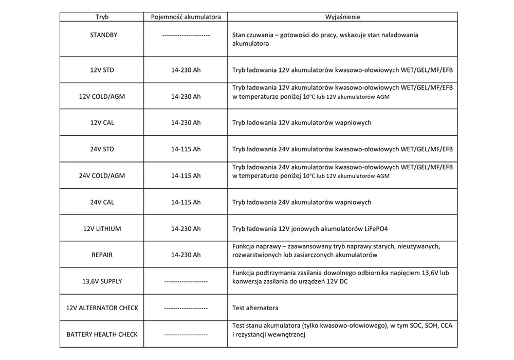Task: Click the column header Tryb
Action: click(102, 17)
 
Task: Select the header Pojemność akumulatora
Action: click(186, 17)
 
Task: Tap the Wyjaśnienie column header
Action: click(342, 17)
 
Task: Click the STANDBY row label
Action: click(102, 35)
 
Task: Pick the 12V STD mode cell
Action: click(102, 70)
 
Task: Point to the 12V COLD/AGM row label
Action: click(102, 96)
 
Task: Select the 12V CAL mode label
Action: click(102, 123)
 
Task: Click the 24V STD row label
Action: click(102, 149)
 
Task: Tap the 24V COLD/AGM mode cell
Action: click(102, 176)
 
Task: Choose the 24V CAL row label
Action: click(102, 202)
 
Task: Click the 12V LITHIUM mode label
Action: click(102, 229)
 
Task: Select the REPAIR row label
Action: click(102, 255)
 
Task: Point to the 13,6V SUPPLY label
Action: click(102, 281)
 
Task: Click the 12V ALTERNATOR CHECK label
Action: click(102, 308)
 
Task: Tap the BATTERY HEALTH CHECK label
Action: click(102, 334)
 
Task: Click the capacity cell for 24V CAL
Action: click(186, 202)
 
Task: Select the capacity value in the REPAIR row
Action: click(186, 255)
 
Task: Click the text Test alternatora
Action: click(255, 308)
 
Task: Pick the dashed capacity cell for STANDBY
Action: click(186, 35)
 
